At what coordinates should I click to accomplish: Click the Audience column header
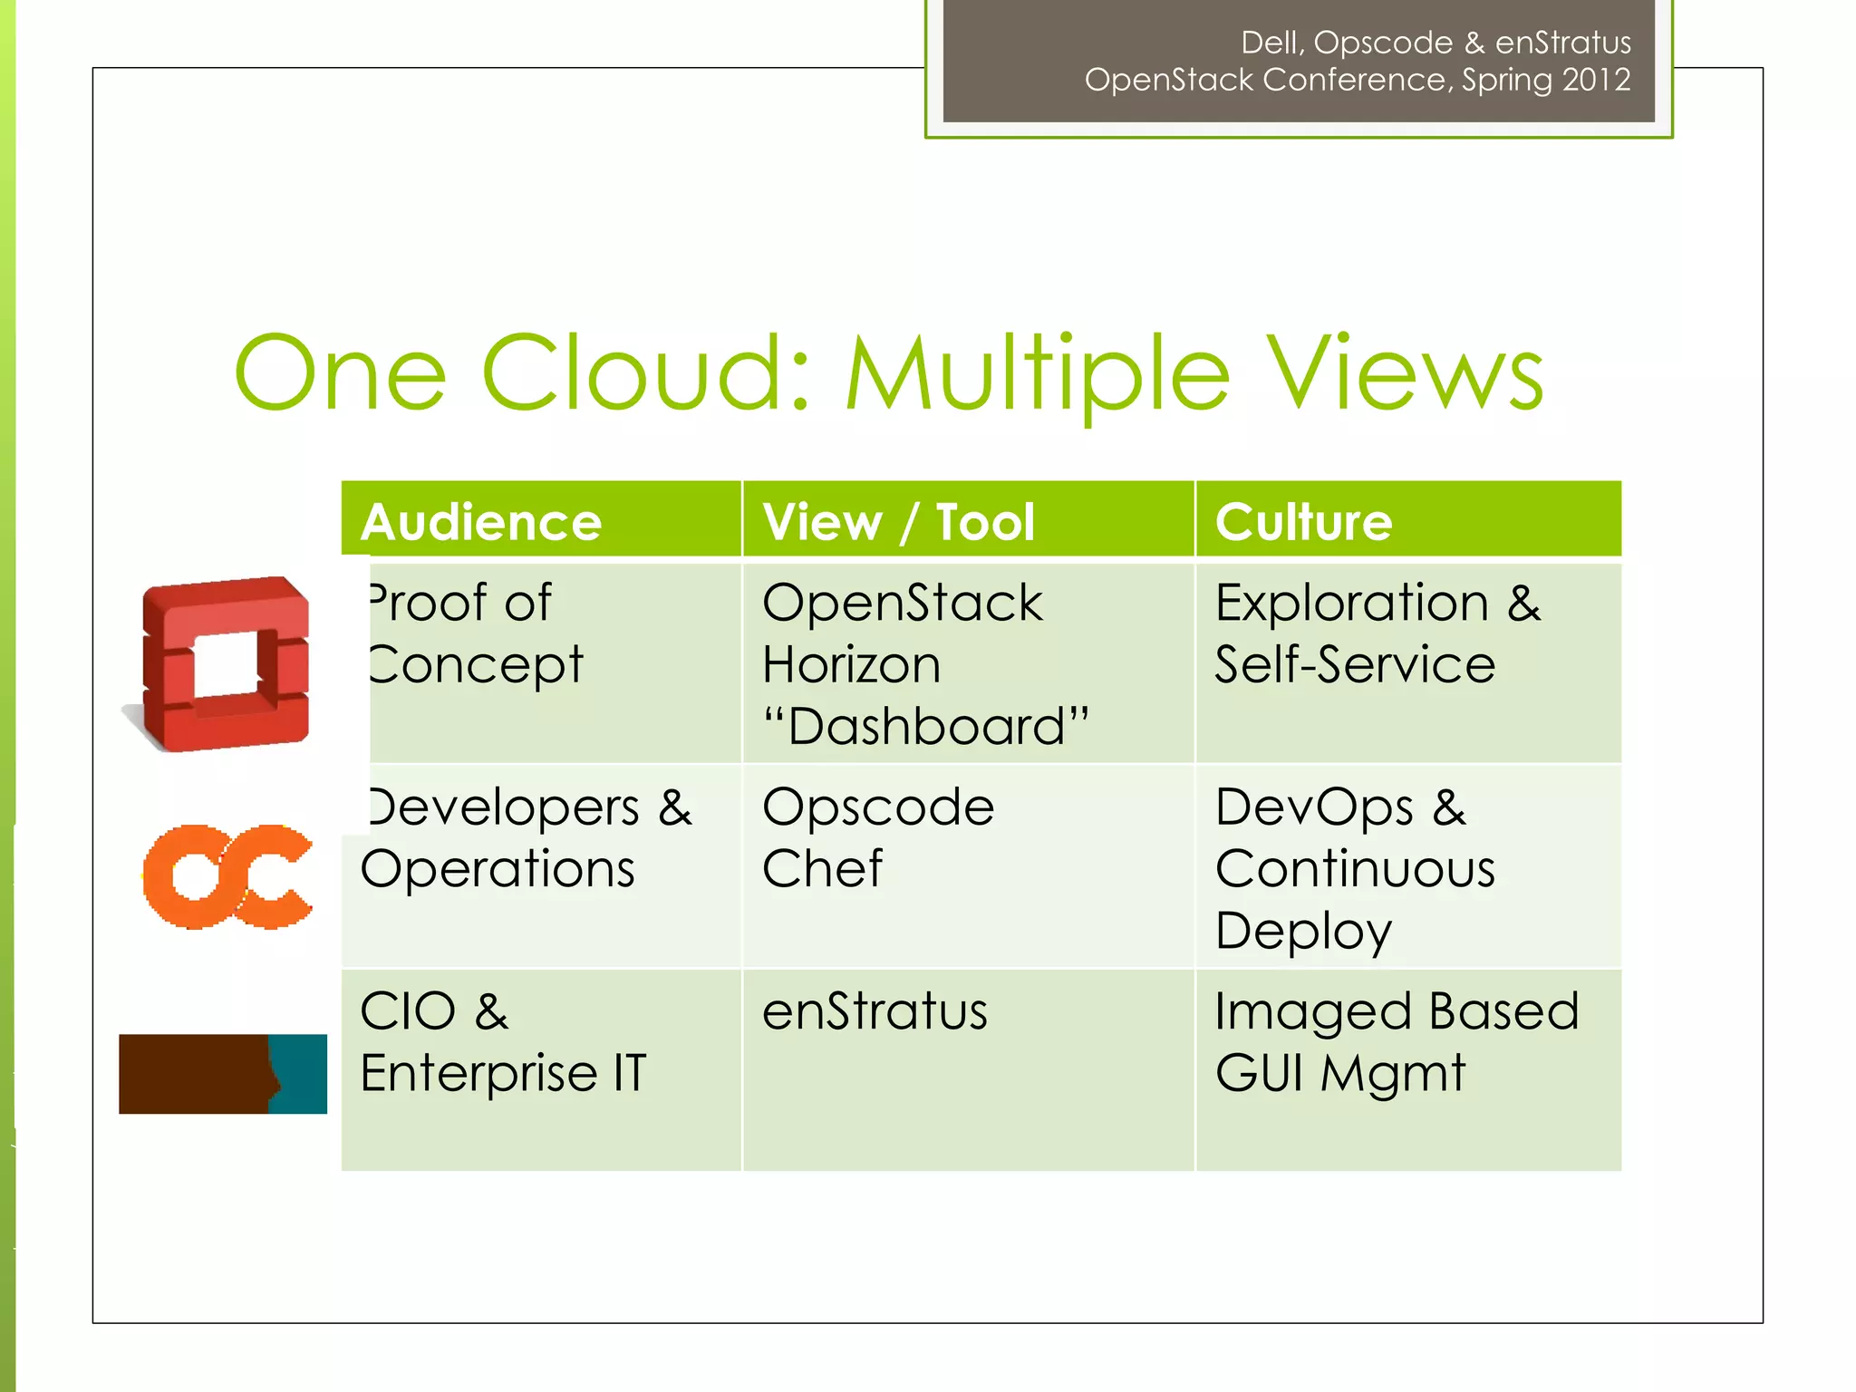point(481,522)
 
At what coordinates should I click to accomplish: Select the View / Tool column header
point(898,522)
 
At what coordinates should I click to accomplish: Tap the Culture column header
point(1303,522)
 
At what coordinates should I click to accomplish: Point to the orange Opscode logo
point(227,876)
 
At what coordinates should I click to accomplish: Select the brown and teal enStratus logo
point(223,1074)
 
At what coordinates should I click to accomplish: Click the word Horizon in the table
point(851,664)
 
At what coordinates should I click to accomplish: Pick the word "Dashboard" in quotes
point(925,726)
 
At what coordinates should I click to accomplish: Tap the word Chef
point(822,868)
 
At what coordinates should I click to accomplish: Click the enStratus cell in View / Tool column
point(875,1011)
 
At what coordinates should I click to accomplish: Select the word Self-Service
point(1355,664)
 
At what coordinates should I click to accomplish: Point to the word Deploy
point(1303,931)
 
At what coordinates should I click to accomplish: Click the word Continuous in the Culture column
point(1355,868)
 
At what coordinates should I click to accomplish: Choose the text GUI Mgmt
point(1339,1074)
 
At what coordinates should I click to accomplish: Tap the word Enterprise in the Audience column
point(478,1074)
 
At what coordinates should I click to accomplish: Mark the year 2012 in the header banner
point(1597,81)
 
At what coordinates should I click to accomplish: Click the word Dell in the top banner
point(1271,43)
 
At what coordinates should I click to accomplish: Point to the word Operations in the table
point(498,868)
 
